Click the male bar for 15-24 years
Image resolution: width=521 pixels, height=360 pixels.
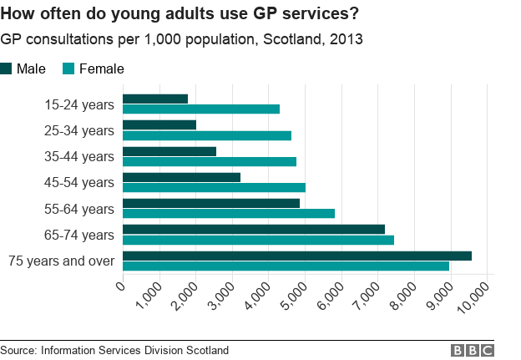pos(155,99)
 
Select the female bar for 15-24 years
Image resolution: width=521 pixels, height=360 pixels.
pos(201,109)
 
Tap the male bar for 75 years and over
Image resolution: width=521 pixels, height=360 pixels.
pos(297,256)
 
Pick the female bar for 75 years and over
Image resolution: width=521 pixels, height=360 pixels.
pos(286,266)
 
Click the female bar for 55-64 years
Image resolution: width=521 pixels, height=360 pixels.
pos(229,213)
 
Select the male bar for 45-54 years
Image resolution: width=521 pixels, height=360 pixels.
pos(181,177)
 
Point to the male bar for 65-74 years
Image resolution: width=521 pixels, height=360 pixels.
pos(254,229)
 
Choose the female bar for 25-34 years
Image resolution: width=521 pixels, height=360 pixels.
pos(207,135)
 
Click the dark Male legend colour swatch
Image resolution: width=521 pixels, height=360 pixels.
pos(8,68)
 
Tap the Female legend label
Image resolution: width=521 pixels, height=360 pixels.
pos(101,68)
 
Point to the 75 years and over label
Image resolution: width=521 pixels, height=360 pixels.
pos(61,261)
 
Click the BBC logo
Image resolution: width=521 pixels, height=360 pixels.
pos(472,350)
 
